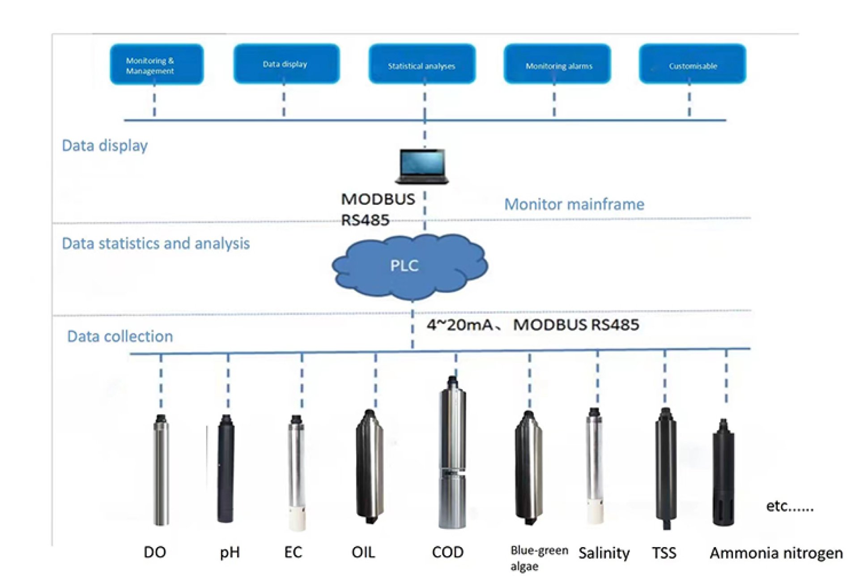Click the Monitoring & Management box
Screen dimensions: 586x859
tap(157, 64)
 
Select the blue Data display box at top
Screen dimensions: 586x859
tap(286, 64)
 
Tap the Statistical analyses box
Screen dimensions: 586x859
tap(422, 64)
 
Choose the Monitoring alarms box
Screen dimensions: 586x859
tap(557, 64)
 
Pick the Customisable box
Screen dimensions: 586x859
tap(693, 64)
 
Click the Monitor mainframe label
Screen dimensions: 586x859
tap(574, 204)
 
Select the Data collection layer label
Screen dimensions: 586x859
tap(120, 336)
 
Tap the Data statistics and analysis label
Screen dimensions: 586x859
tap(156, 243)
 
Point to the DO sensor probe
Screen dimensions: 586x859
tap(161, 470)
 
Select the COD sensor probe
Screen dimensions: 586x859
tap(452, 452)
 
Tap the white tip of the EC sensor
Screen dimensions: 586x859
tap(298, 519)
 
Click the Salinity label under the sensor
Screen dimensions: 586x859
tap(604, 553)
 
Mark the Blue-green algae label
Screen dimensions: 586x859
tap(538, 558)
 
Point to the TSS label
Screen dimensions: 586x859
tap(664, 553)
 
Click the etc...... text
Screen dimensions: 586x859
tap(790, 506)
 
